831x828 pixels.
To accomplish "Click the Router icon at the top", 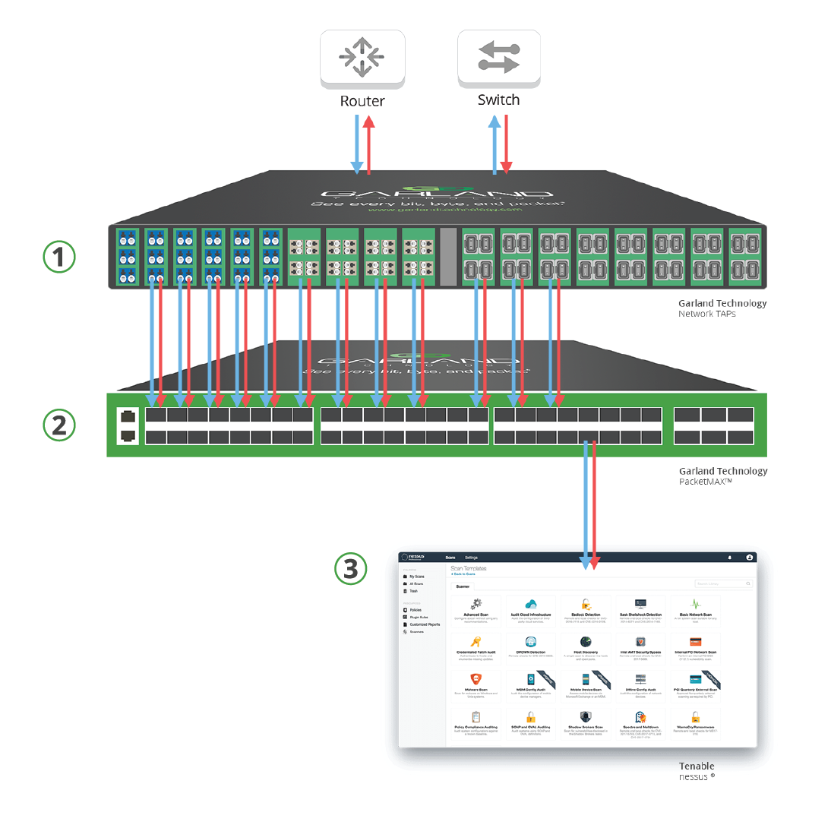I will pos(362,58).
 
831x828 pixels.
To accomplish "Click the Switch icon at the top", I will pos(498,58).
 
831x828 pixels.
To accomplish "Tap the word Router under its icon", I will pos(362,101).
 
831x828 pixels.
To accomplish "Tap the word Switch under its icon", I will pos(498,100).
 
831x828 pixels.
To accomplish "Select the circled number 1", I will pos(58,258).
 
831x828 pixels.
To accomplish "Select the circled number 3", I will pos(351,568).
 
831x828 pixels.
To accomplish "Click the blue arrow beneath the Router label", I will pos(355,144).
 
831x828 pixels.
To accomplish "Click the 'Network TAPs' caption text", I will pos(707,313).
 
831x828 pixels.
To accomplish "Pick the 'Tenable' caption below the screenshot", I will pos(697,766).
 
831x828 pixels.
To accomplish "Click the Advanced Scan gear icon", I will pos(477,605).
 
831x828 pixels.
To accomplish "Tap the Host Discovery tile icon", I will pos(586,642).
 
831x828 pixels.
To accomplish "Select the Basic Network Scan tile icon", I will pos(695,605).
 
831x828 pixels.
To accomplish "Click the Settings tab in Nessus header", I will pos(471,558).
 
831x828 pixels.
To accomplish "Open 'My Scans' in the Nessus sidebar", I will pos(418,577).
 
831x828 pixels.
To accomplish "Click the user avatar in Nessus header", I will pos(750,558).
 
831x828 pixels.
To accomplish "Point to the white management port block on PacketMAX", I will pos(128,425).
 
